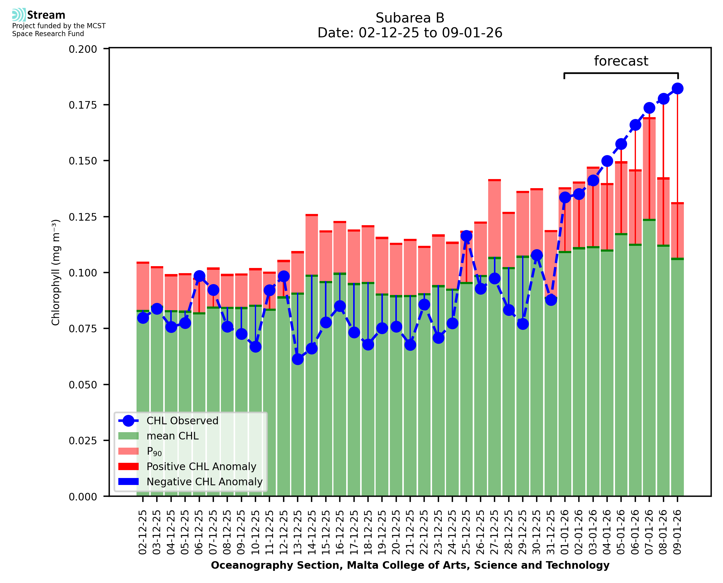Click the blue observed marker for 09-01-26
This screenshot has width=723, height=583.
[677, 89]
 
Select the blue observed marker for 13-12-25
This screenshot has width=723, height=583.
[298, 359]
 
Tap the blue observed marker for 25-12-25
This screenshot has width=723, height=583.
[466, 236]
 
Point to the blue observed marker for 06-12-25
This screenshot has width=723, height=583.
[199, 276]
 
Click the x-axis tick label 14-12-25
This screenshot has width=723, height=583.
[312, 532]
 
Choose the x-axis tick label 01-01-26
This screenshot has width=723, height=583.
[565, 532]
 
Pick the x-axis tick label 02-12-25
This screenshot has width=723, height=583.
[143, 532]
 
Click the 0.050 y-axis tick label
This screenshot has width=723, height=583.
[83, 385]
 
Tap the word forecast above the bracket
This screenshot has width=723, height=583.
[621, 61]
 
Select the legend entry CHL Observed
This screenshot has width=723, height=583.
[182, 421]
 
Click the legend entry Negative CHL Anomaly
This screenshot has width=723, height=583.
[204, 482]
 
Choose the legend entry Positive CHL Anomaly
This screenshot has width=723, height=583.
[201, 466]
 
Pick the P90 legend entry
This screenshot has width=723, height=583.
[154, 451]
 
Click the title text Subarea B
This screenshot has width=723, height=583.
[410, 18]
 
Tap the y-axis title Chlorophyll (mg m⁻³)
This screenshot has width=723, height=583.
[56, 272]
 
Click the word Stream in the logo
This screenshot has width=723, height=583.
[46, 15]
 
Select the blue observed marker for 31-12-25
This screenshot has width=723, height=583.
[551, 300]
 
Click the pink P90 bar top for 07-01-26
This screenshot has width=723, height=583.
[649, 118]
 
